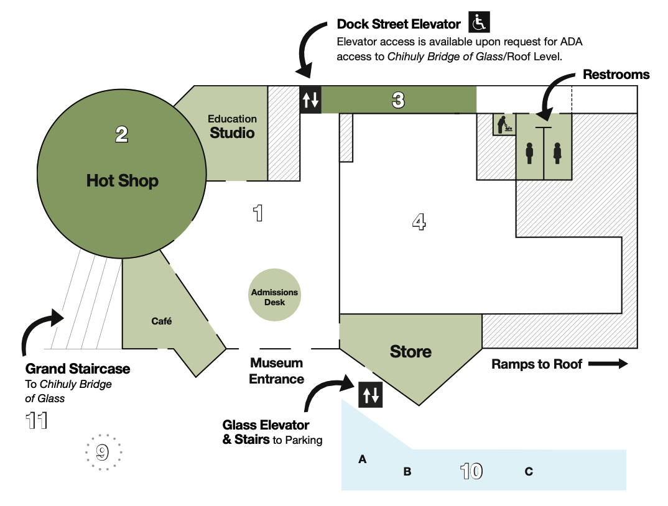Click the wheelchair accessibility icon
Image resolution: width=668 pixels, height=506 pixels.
(479, 22)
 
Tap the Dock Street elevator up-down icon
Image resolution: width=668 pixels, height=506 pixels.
(310, 99)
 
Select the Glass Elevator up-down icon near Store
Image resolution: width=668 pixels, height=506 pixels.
(370, 395)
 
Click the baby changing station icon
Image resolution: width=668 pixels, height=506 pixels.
(504, 124)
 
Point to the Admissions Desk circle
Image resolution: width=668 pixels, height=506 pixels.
(274, 295)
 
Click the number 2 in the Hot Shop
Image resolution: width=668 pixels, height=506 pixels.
(121, 135)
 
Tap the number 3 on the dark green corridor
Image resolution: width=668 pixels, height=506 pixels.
(398, 100)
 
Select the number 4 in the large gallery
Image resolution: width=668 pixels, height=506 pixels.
(419, 221)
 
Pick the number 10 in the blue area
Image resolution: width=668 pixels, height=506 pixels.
(471, 471)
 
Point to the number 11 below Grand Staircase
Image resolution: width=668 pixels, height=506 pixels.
(37, 421)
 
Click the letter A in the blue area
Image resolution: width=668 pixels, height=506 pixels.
(362, 459)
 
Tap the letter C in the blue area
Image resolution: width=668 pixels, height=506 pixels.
(529, 471)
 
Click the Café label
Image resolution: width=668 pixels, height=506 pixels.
(162, 321)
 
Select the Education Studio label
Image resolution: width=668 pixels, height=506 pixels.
(232, 127)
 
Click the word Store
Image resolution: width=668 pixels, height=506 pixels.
(411, 351)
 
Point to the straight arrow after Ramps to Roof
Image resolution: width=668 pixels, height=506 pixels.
(608, 364)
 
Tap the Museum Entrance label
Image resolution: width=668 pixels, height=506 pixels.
(277, 371)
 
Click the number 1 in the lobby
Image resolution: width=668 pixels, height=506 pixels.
(257, 213)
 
